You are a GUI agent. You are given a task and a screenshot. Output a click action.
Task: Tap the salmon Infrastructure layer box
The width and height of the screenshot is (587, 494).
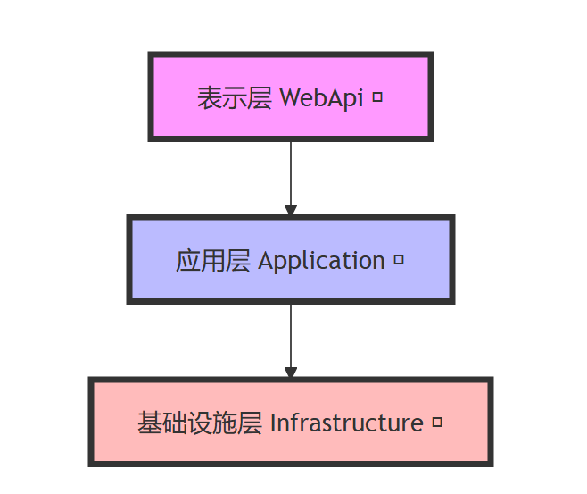(290, 447)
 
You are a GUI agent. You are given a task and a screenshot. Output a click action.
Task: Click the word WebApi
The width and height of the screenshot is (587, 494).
(321, 97)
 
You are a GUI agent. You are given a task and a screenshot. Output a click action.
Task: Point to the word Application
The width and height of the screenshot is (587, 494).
(321, 261)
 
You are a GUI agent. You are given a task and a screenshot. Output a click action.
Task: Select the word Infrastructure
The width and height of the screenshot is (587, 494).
(346, 423)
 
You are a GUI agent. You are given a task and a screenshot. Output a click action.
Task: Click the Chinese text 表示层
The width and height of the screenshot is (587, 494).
(234, 97)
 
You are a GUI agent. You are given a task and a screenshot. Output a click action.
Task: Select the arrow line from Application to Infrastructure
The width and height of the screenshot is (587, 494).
(290, 335)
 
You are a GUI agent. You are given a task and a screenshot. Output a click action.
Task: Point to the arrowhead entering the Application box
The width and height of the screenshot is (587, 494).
(290, 209)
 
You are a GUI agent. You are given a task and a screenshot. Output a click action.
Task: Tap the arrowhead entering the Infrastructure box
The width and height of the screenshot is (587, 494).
(290, 372)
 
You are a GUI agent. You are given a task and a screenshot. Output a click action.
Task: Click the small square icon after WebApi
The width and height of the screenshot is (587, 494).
(376, 96)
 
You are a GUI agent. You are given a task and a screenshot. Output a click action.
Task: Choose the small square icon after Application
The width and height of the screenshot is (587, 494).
(399, 260)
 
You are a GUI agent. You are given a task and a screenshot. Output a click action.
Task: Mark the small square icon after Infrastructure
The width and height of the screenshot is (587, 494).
(437, 422)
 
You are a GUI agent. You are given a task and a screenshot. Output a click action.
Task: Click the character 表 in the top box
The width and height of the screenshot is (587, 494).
(209, 97)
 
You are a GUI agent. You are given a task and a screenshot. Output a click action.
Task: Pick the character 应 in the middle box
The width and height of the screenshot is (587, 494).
(187, 261)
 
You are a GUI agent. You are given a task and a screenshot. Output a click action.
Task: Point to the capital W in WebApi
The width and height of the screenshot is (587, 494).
(290, 97)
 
